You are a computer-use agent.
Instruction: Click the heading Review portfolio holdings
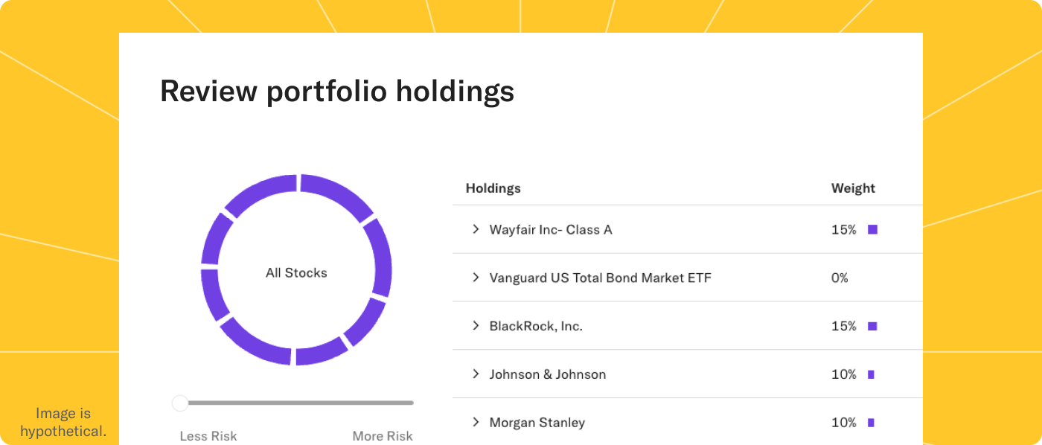336,92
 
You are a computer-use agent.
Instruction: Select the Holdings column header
493,188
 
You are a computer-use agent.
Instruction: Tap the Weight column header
853,188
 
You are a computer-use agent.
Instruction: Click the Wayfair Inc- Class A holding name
550,230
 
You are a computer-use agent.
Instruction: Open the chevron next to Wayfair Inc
476,229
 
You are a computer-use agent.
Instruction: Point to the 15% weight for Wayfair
843,230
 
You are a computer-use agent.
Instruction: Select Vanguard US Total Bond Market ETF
600,278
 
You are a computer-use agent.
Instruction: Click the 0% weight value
840,278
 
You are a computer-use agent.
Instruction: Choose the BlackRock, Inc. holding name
535,326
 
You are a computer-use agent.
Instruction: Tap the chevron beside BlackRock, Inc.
476,325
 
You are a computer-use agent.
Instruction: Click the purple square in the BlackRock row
872,326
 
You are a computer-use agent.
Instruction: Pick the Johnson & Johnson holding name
547,374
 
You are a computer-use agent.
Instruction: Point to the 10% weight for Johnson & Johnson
843,374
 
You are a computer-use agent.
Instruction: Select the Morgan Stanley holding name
537,423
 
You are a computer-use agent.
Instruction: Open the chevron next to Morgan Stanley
476,422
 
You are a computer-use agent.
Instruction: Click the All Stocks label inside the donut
296,273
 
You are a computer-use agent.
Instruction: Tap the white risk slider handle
180,403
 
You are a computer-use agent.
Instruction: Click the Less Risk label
208,436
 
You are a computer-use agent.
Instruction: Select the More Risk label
382,436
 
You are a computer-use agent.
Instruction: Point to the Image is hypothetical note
63,423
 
